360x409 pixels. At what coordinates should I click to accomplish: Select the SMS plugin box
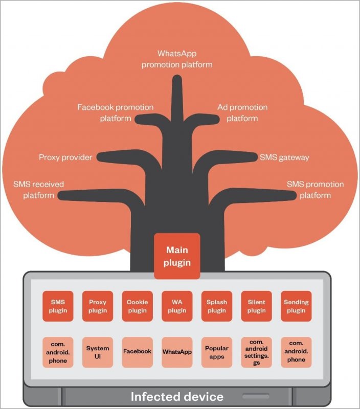pos(58,306)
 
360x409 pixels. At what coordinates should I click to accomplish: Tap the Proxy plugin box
pos(98,306)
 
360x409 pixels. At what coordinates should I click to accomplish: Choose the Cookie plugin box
pos(137,306)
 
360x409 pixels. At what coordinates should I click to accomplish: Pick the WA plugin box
pos(177,306)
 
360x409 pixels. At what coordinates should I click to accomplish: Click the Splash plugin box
pos(217,306)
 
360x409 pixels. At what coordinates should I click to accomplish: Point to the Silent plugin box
pos(256,306)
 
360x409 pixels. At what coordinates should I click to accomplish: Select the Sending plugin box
pos(296,306)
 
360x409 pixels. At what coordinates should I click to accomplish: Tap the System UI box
pos(98,352)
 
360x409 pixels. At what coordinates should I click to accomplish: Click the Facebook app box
pos(137,352)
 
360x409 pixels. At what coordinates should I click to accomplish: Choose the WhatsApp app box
pos(177,352)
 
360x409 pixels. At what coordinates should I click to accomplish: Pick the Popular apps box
pos(217,352)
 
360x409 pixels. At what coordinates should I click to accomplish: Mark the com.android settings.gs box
pos(256,352)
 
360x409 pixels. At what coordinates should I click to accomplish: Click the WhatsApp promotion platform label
pos(177,59)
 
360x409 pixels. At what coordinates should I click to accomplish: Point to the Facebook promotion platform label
pos(116,113)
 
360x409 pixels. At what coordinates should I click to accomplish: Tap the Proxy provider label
pos(65,157)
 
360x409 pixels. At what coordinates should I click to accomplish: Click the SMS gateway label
pos(284,157)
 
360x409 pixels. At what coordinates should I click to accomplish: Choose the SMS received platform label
pos(35,189)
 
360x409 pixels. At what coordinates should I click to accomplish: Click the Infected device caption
pos(177,396)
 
